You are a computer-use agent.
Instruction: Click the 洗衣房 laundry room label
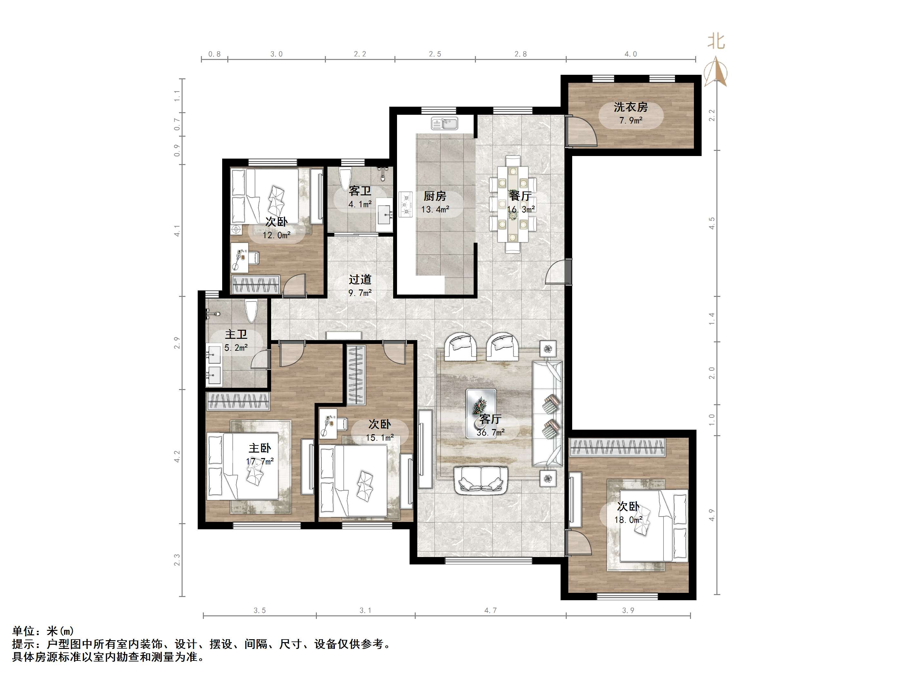tap(630, 107)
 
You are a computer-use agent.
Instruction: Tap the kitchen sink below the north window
tap(445, 123)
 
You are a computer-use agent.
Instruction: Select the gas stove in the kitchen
tap(405, 204)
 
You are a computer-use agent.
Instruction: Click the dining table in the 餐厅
tap(513, 203)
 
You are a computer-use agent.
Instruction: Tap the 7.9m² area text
tap(631, 121)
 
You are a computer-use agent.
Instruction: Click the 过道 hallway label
tap(360, 279)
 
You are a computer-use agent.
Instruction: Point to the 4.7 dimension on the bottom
tap(490, 610)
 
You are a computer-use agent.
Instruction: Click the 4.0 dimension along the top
tap(630, 54)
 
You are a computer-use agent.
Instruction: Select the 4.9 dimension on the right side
tap(712, 515)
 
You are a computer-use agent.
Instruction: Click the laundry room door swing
tap(582, 130)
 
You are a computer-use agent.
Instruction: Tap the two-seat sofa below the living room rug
tap(481, 480)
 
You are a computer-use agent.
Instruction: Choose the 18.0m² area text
tap(628, 520)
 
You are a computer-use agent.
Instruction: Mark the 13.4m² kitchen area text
tap(435, 210)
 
